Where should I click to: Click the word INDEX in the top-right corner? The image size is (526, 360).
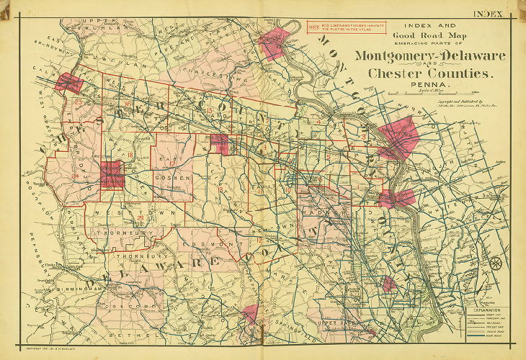[488, 13]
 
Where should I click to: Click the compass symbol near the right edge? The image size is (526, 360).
[496, 263]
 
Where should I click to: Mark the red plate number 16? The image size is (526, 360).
[128, 105]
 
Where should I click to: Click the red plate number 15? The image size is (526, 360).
[209, 110]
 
